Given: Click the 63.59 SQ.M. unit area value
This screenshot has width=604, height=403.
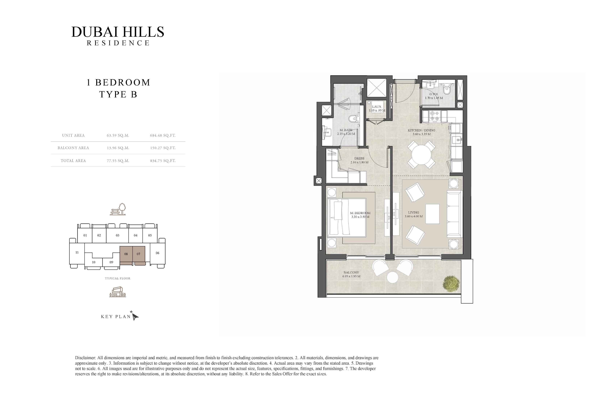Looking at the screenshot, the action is tap(118, 135).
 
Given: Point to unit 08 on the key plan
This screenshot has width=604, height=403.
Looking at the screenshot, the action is tap(126, 254).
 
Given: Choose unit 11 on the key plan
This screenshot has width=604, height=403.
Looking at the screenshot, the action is tap(77, 253).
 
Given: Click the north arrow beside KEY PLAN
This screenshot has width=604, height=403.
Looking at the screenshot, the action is tap(135, 316).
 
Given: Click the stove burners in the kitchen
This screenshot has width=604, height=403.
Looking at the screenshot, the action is tap(434, 116).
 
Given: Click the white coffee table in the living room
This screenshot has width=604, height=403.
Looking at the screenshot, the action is tap(432, 214).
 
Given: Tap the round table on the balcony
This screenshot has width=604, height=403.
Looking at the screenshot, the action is tap(393, 277).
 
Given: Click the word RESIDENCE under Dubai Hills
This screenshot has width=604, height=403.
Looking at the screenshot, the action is tap(118, 43).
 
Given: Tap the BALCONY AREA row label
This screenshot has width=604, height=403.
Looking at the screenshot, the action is tap(73, 148).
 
